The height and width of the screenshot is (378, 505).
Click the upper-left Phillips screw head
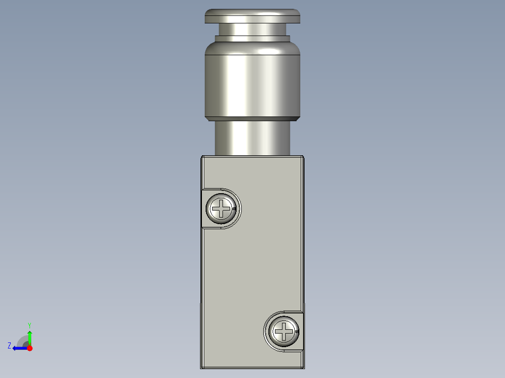pyautogui.click(x=221, y=208)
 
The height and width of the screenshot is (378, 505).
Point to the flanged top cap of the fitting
pyautogui.click(x=252, y=16)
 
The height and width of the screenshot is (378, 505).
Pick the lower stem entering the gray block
pyautogui.click(x=252, y=138)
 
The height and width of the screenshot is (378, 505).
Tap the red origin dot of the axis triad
pyautogui.click(x=30, y=348)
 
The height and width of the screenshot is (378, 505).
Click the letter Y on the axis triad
pyautogui.click(x=29, y=325)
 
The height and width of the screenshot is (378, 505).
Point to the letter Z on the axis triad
pyautogui.click(x=9, y=346)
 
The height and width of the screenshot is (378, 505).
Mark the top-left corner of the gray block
pyautogui.click(x=201, y=157)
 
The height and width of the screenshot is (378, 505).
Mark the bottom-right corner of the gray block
pyautogui.click(x=304, y=368)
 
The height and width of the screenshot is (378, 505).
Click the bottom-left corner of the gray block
pyautogui.click(x=201, y=368)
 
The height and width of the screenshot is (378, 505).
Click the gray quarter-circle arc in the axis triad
pyautogui.click(x=22, y=340)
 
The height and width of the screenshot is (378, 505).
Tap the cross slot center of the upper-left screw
pyautogui.click(x=221, y=208)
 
